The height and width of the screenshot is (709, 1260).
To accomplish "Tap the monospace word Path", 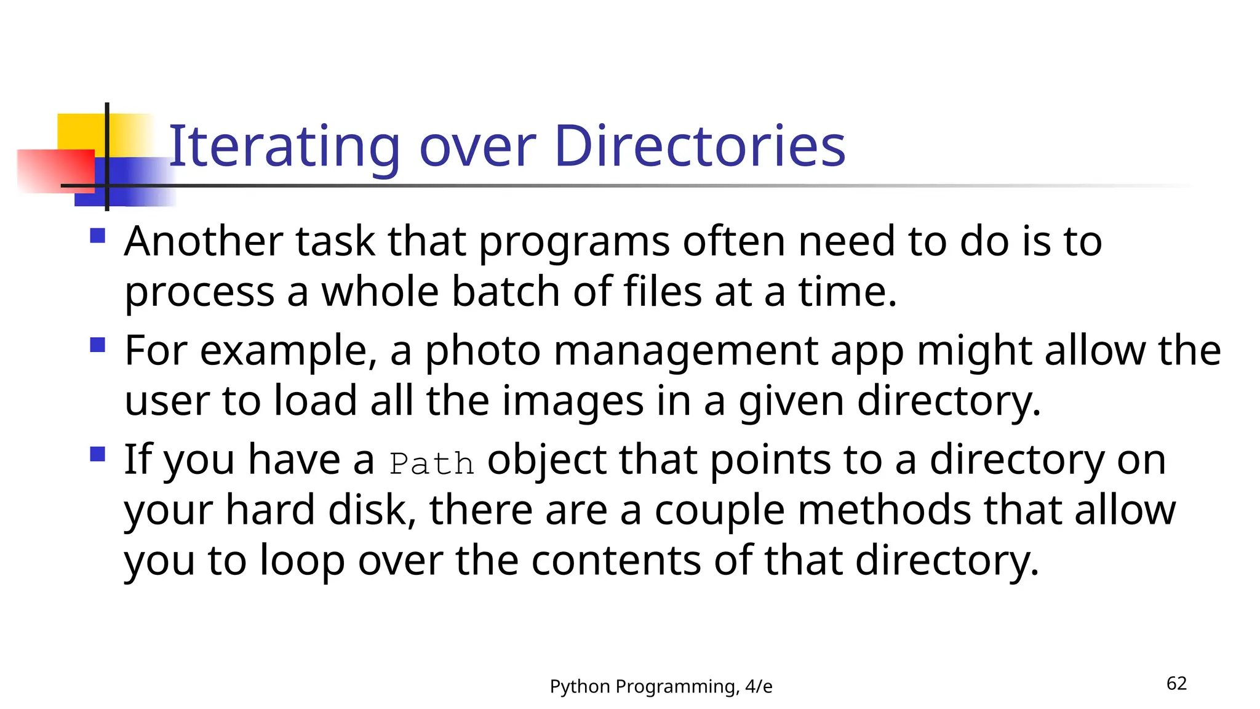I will pos(432,463).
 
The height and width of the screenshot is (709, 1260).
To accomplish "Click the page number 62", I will pos(1176,684).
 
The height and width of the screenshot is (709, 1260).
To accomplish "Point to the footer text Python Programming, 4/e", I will pos(661,686).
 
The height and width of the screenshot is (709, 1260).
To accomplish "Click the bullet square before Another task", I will pos(98,236).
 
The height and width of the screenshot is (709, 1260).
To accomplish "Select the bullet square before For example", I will pos(98,345).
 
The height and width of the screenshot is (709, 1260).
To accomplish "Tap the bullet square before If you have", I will pos(98,454).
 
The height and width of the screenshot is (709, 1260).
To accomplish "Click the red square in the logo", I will pos(55,170).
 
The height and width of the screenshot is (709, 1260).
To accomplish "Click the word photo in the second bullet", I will pos(483,351).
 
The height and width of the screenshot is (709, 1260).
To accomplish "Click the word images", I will pos(572,401).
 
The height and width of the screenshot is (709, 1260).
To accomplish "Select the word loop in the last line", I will pos(301,561).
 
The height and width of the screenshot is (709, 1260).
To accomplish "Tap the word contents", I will pos(615,561).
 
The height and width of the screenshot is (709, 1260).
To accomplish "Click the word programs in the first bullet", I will pos(574,242).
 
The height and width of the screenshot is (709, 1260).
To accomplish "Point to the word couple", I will pos(719,510).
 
